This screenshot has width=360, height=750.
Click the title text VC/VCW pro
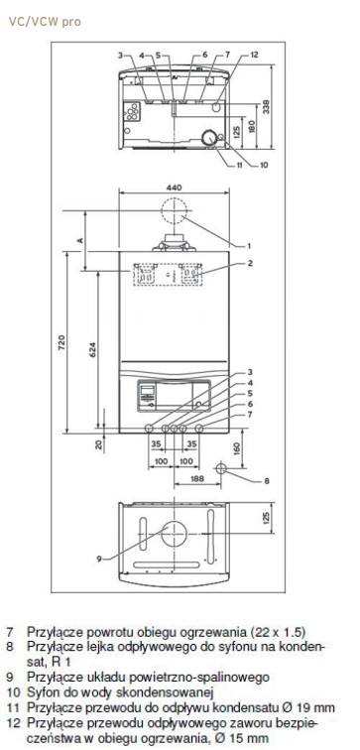[45, 22]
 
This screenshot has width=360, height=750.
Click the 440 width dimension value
[174, 187]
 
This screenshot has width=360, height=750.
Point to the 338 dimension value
[266, 106]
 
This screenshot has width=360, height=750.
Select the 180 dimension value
[252, 126]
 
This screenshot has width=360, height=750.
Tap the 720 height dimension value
[61, 343]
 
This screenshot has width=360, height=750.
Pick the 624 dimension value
[93, 349]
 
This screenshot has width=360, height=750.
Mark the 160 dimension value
[237, 449]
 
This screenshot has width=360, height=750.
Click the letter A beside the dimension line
[80, 240]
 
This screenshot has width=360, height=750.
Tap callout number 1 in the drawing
[249, 246]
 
